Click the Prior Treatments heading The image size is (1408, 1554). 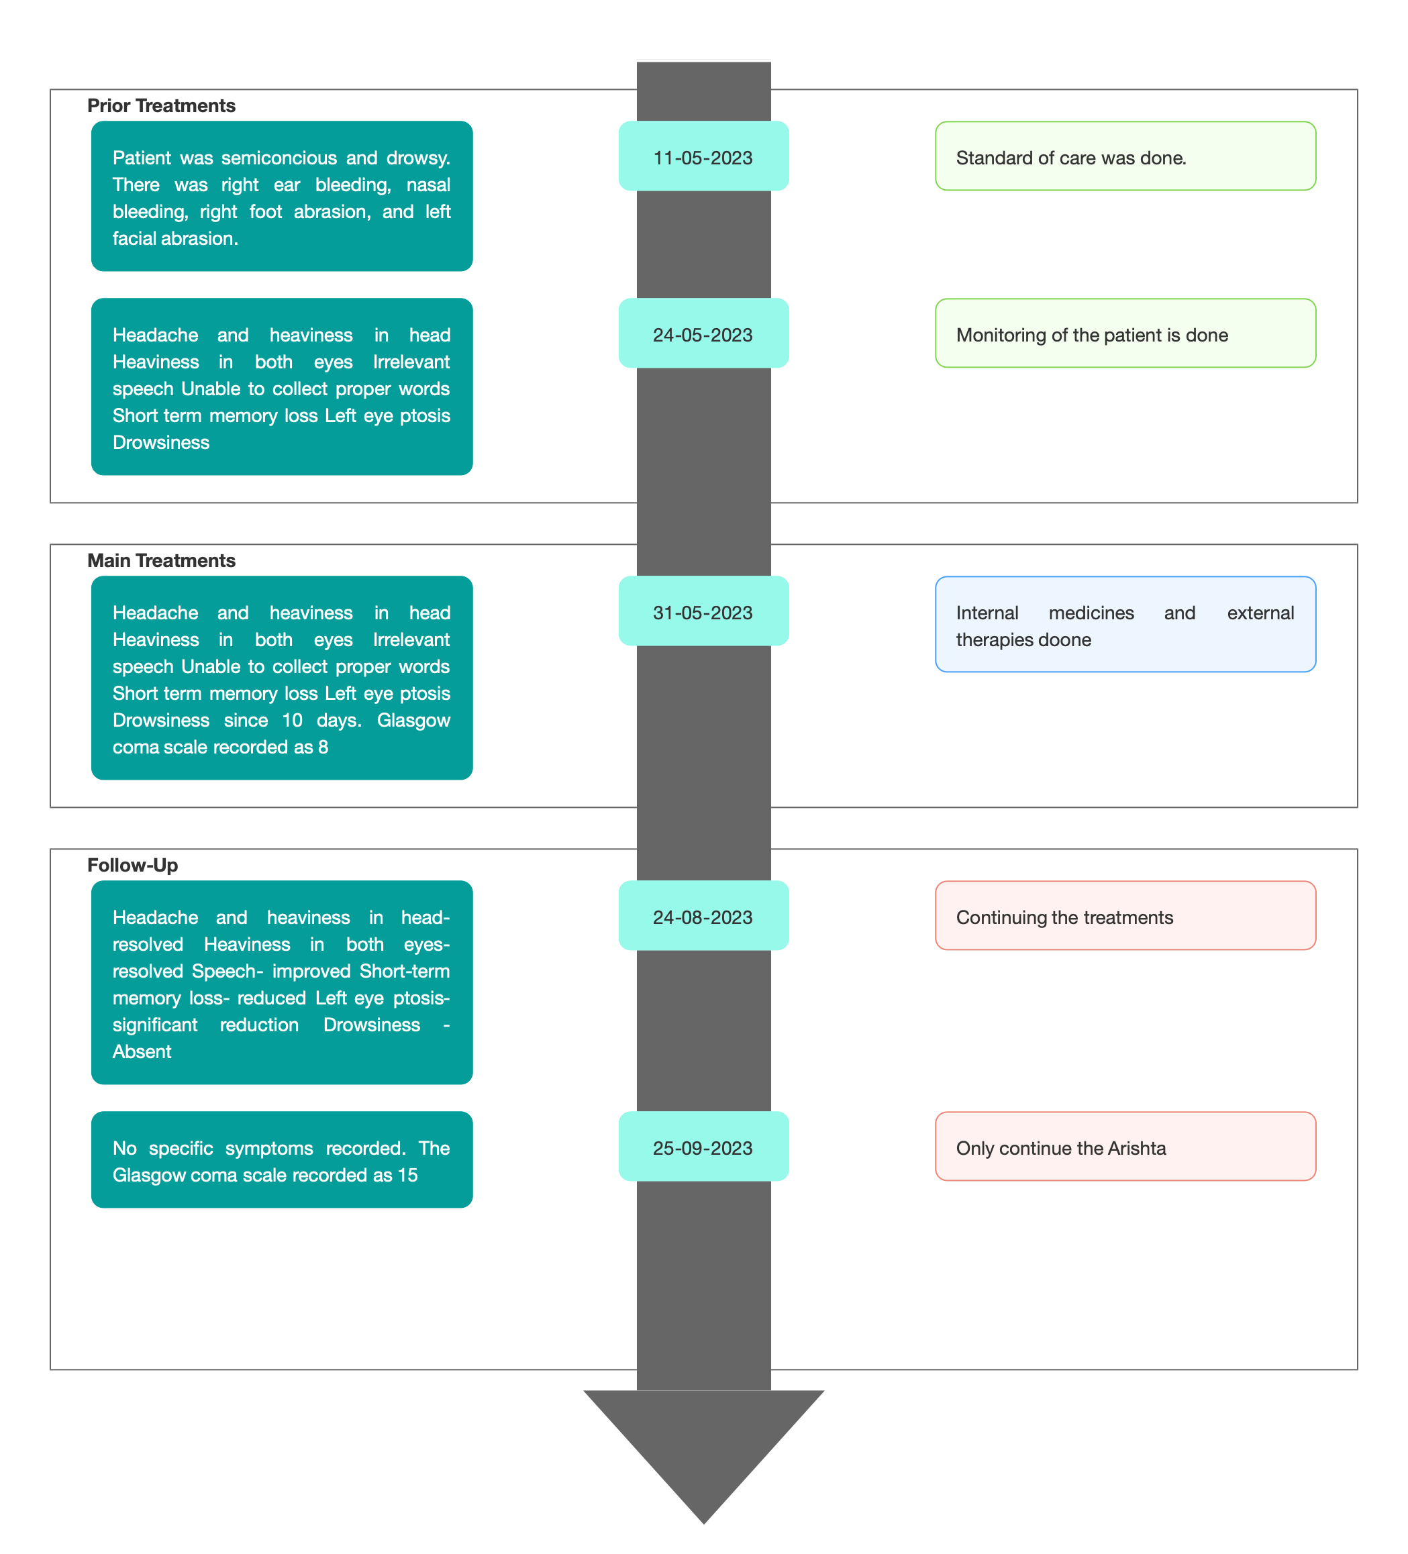tap(161, 105)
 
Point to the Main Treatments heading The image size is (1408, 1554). tap(161, 560)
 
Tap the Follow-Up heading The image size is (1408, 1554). tap(133, 865)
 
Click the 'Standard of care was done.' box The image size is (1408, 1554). tap(1125, 156)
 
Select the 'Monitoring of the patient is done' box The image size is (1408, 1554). tap(1125, 333)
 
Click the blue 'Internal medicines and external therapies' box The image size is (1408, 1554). tap(1125, 623)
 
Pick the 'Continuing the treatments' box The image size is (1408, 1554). tap(1125, 915)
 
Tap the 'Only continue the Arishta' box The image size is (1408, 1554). tap(1125, 1145)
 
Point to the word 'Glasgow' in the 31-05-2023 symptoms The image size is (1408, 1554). tap(413, 721)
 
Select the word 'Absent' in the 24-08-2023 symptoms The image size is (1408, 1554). tap(142, 1051)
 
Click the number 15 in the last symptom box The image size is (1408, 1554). tap(407, 1175)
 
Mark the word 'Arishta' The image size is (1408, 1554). tap(1137, 1148)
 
